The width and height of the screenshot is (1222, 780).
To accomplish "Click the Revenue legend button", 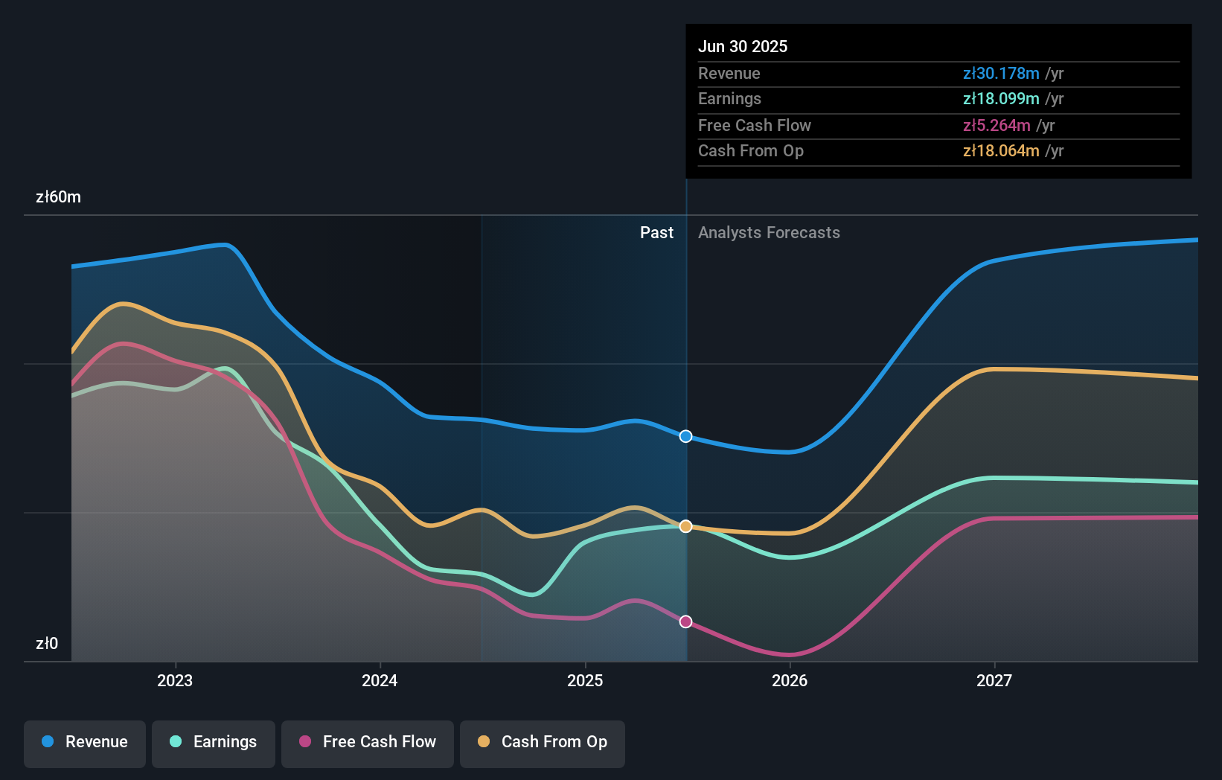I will coord(85,743).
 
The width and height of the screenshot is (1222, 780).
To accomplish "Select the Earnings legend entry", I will coord(214,743).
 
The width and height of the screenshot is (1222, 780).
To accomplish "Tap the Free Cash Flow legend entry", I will coord(368,743).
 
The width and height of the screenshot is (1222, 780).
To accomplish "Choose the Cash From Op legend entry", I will coord(543,743).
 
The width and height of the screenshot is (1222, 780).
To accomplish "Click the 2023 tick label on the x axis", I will coord(175,681).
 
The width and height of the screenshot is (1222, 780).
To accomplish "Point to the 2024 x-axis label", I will coord(380,681).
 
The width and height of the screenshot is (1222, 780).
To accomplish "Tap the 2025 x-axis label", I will coord(585,681).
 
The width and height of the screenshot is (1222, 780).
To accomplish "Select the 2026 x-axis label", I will coord(790,681).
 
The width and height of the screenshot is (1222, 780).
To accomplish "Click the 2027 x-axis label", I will coord(994,681).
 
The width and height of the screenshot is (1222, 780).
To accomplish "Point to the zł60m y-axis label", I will coord(58,197).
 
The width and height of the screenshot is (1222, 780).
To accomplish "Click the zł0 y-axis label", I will coord(47,644).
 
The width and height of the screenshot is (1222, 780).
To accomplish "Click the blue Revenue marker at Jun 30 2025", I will coord(686,436).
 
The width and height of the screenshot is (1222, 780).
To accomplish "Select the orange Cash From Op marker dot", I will coord(686,526).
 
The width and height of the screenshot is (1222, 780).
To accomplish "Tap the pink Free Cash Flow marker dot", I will coord(686,621).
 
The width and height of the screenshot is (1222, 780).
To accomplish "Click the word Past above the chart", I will coord(656,233).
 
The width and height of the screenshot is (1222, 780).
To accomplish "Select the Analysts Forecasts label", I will coord(769,233).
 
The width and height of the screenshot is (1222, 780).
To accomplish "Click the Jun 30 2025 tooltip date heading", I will coord(743,47).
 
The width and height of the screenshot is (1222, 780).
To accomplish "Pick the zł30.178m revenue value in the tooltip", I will coord(1001,74).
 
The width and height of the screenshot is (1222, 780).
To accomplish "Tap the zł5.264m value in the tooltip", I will coord(997,126).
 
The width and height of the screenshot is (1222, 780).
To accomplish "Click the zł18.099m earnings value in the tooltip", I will coord(1001,99).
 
